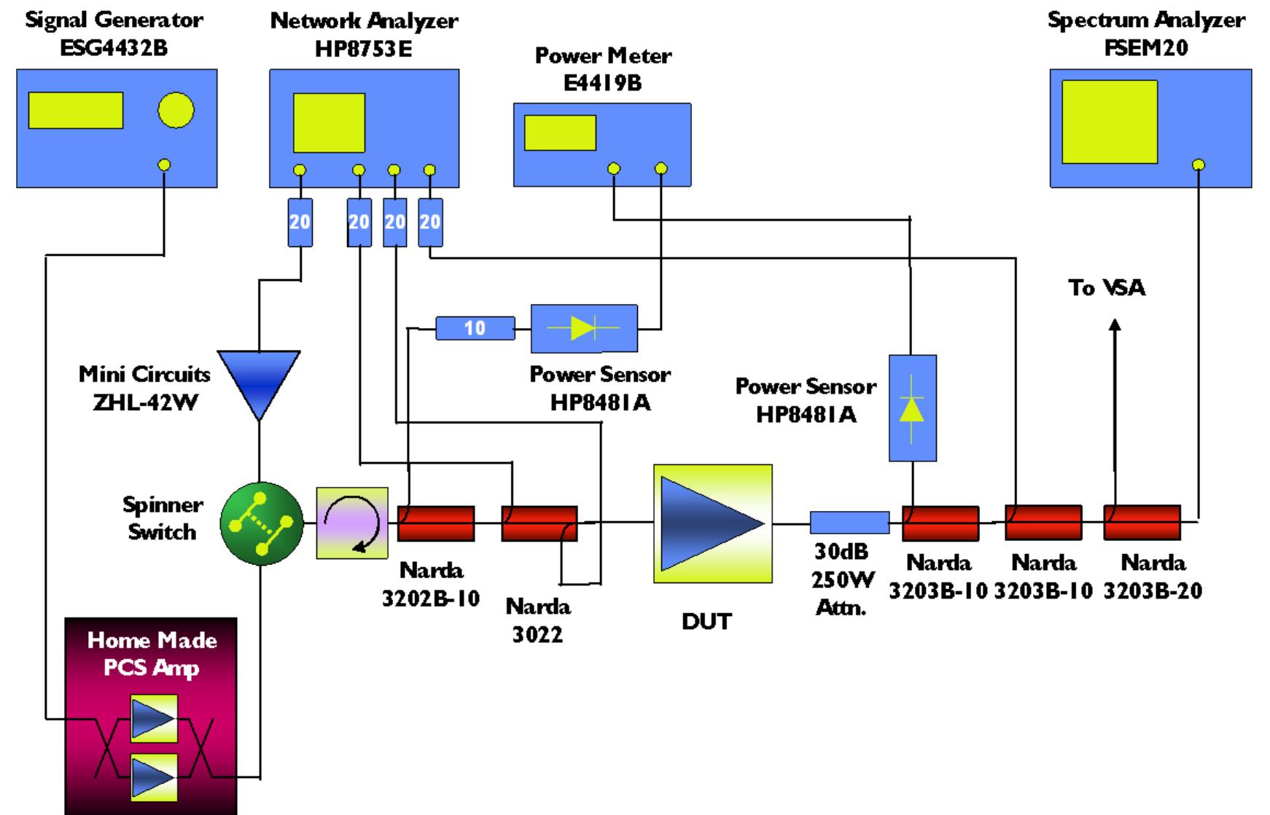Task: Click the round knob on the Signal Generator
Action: [176, 111]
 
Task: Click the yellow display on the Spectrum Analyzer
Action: [1109, 122]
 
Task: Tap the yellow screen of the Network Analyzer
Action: [329, 122]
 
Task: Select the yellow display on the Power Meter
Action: [560, 133]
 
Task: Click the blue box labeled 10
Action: [475, 328]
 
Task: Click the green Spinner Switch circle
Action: [262, 523]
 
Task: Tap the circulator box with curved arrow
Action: [352, 523]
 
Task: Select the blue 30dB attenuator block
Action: [849, 522]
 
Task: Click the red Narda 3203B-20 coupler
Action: [1142, 523]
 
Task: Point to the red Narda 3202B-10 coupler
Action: [436, 523]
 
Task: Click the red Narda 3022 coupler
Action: [539, 523]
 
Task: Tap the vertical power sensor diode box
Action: [912, 408]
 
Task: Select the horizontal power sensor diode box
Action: [584, 329]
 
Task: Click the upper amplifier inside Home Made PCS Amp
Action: [154, 719]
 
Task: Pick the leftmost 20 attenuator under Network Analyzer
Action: [300, 222]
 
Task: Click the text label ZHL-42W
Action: [145, 402]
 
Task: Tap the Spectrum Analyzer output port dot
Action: [1198, 165]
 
